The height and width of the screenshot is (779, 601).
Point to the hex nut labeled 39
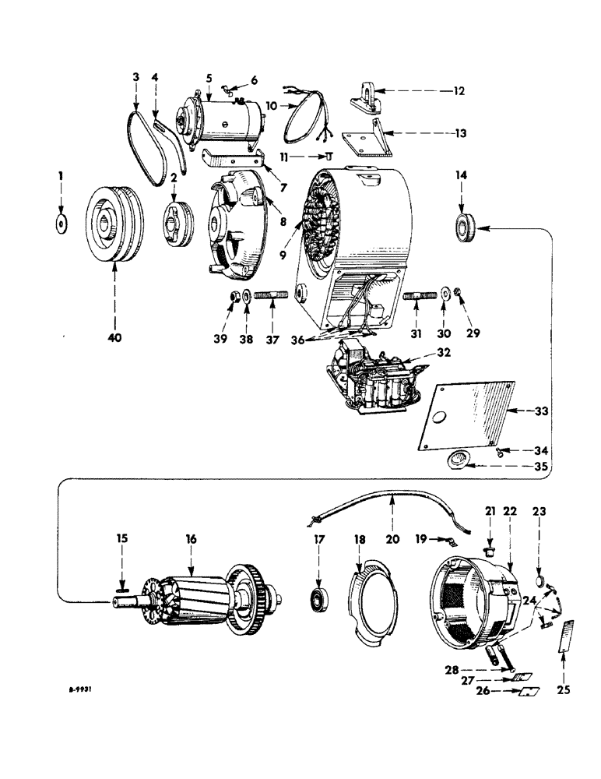[x=231, y=297]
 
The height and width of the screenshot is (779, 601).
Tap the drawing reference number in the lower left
[x=85, y=689]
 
